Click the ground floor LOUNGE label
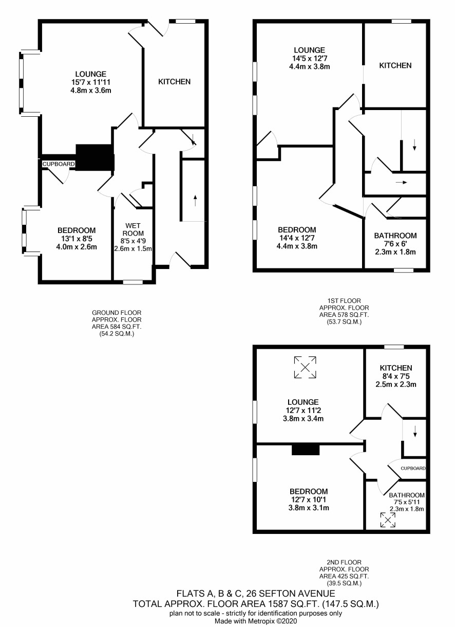[91, 74]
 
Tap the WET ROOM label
[134, 229]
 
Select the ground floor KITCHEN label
[175, 82]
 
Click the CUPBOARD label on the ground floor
[59, 164]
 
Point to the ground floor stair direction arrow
[195, 201]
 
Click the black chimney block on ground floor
[95, 157]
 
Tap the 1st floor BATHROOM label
[395, 236]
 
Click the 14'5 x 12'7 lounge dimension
[310, 59]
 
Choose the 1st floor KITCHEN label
[395, 65]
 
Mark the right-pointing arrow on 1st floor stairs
[402, 183]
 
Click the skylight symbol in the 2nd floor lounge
[305, 368]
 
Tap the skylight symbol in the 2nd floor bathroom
[388, 520]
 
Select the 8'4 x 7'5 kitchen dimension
[396, 376]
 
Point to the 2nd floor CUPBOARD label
[413, 476]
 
